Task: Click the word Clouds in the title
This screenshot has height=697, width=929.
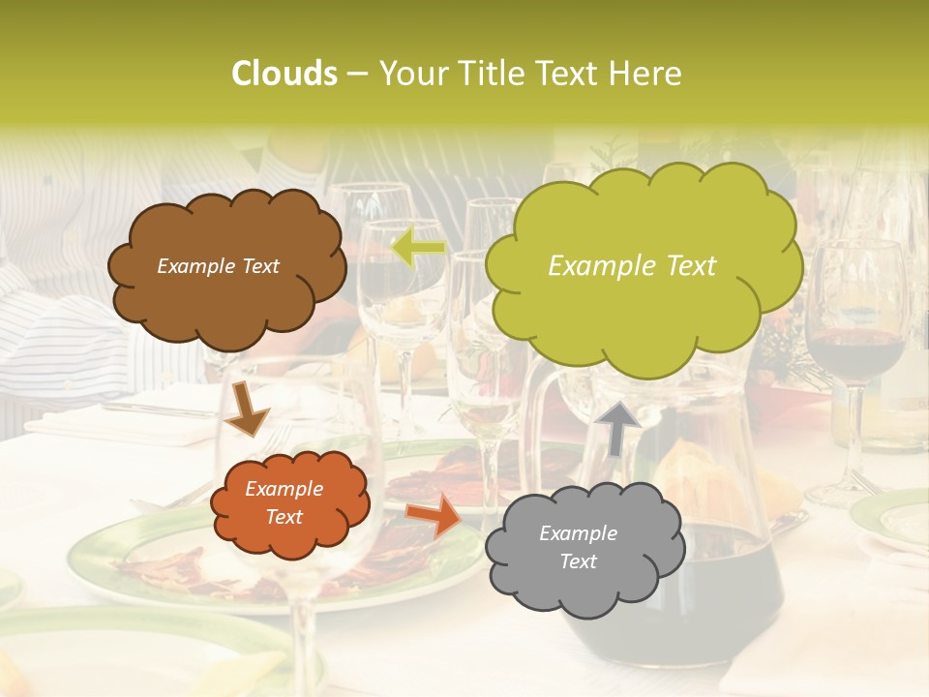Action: tap(284, 74)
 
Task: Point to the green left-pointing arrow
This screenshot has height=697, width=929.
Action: tap(418, 248)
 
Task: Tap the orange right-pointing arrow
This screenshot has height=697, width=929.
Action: tap(435, 515)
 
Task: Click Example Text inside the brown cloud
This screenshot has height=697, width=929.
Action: tap(218, 266)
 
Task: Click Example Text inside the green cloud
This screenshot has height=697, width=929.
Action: tap(632, 266)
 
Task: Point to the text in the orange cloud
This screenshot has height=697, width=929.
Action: tap(285, 503)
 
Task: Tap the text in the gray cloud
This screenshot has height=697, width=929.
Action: tap(578, 547)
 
